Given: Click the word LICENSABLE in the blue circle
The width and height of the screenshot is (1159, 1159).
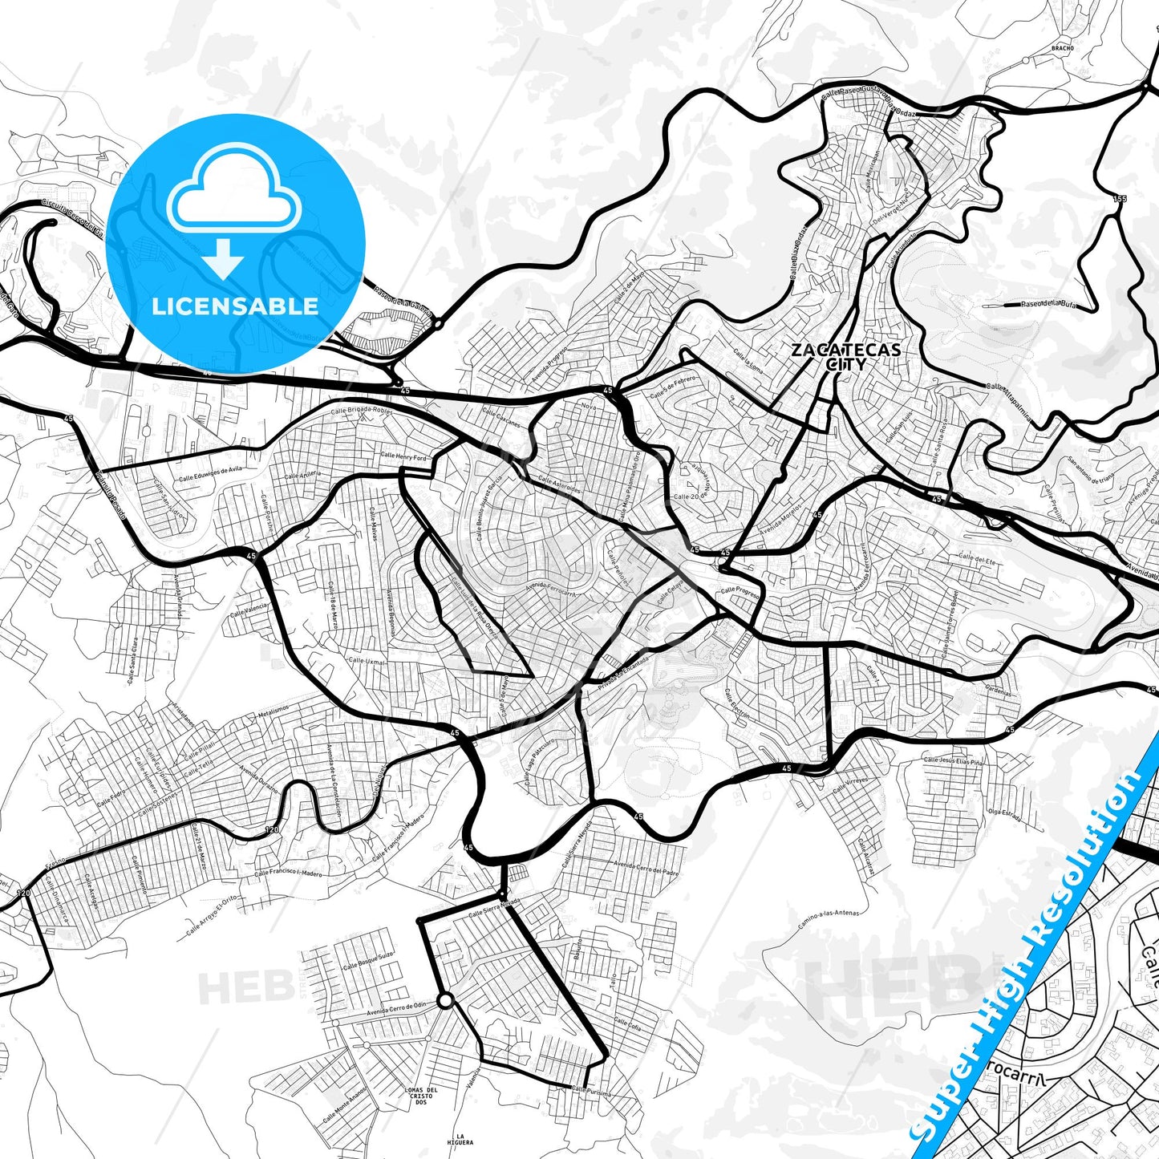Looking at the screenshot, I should (x=235, y=306).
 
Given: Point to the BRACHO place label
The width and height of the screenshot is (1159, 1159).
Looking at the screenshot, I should (x=1062, y=48).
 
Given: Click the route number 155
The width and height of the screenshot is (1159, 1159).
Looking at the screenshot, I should (x=1120, y=198).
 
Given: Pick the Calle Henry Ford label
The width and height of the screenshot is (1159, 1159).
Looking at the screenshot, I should (x=403, y=456).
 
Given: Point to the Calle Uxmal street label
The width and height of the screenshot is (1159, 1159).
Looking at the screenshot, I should (x=367, y=662).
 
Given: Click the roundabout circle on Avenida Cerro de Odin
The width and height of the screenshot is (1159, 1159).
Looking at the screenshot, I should (x=444, y=1001).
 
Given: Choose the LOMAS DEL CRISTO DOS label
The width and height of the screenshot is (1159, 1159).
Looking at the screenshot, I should (x=420, y=1096).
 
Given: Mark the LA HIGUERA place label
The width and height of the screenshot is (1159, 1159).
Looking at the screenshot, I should (x=460, y=1139).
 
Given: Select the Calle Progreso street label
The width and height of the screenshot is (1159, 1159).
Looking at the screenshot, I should (x=739, y=590).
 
